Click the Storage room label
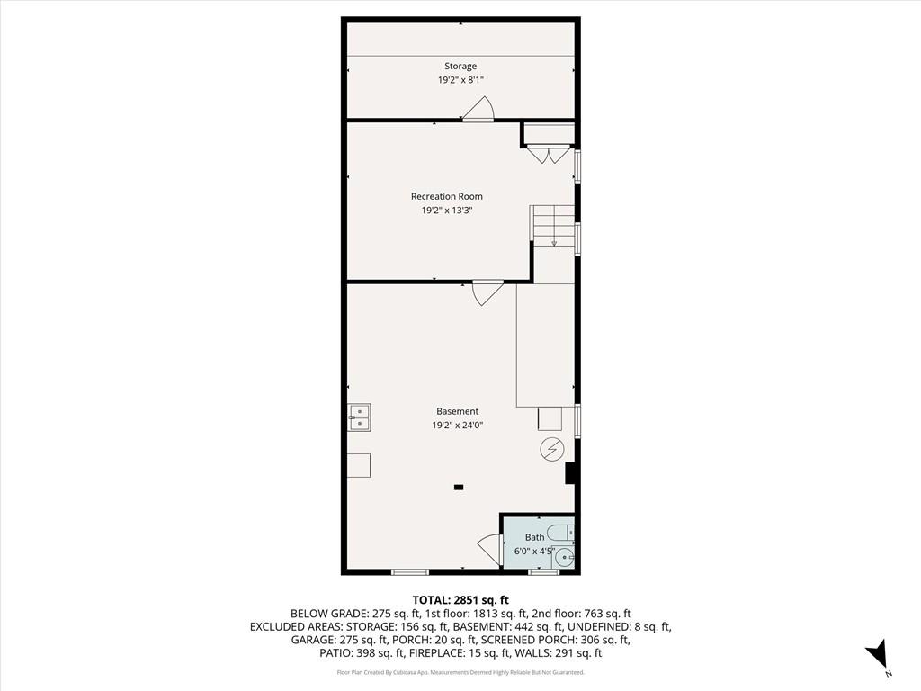(x=460, y=66)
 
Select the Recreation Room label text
(x=447, y=196)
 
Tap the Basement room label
(x=458, y=411)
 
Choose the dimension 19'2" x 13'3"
(x=447, y=211)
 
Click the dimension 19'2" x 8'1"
(x=460, y=80)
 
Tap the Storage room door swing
(x=478, y=109)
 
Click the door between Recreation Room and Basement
(x=487, y=292)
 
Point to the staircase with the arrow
(x=552, y=226)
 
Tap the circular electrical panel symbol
(x=550, y=449)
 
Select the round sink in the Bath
(x=564, y=557)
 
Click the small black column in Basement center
(x=459, y=488)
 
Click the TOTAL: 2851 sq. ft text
(x=460, y=600)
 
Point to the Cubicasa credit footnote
(x=460, y=672)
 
